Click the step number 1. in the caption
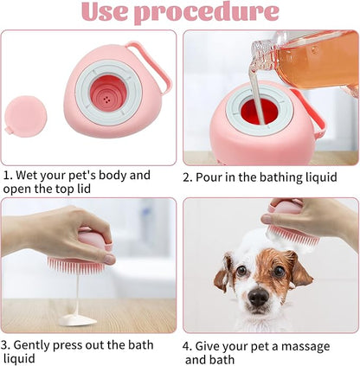pyautogui.click(x=9, y=175)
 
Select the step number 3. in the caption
pyautogui.click(x=9, y=344)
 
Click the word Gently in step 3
pyautogui.click(x=38, y=345)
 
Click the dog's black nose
pyautogui.click(x=257, y=298)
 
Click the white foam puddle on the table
pyautogui.click(x=77, y=319)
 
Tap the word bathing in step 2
pyautogui.click(x=273, y=176)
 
